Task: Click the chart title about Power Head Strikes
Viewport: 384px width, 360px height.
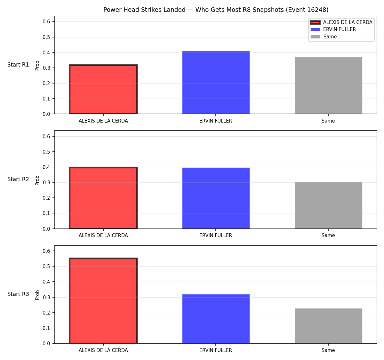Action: (x=216, y=10)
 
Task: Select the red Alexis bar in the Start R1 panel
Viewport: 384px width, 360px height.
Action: (x=103, y=89)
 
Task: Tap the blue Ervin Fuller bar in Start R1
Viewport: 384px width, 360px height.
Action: (x=216, y=83)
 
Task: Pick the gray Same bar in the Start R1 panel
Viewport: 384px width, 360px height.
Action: (x=328, y=85)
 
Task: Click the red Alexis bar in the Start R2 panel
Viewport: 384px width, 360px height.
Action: (x=103, y=198)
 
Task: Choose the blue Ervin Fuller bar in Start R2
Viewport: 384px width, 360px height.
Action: (x=216, y=198)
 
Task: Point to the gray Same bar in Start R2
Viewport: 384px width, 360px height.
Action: (x=328, y=205)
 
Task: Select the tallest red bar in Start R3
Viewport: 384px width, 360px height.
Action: (x=103, y=300)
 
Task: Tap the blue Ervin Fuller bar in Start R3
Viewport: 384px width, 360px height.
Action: (x=216, y=319)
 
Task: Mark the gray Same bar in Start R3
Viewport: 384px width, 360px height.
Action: (x=328, y=326)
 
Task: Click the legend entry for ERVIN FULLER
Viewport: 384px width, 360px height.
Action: (x=333, y=29)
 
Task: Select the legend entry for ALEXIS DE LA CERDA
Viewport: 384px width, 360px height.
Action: (x=341, y=22)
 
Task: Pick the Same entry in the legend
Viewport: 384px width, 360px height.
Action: (x=324, y=36)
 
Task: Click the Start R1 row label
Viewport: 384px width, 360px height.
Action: (x=18, y=65)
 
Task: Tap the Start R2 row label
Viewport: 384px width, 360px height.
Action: (x=18, y=179)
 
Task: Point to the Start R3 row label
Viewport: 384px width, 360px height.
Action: (x=18, y=294)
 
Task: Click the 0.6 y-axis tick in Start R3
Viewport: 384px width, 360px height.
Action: (x=46, y=251)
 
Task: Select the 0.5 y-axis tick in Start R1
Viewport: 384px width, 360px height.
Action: (x=46, y=37)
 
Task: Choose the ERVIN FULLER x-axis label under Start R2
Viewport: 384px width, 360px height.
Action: (x=216, y=236)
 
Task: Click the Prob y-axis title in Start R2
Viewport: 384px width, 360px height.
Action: (x=37, y=180)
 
